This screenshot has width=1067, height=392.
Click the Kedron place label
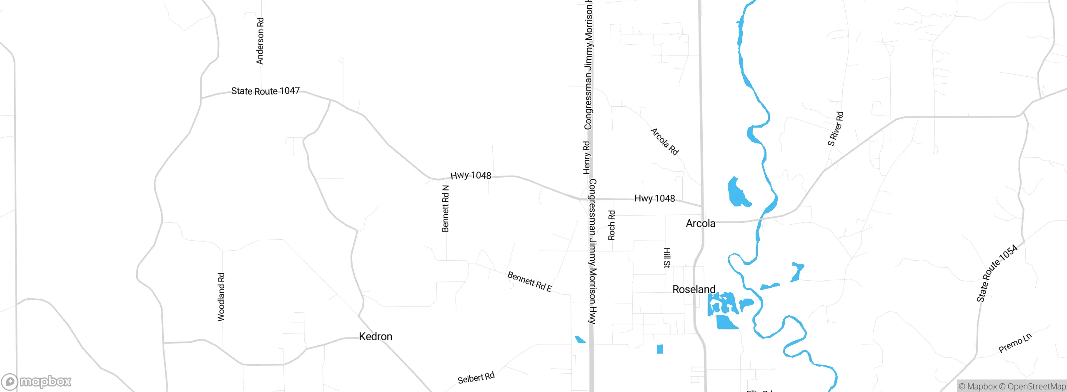(x=375, y=337)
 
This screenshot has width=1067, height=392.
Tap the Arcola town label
(x=700, y=224)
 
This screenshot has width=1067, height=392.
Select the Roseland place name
(x=694, y=289)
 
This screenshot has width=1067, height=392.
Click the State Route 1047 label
(x=265, y=91)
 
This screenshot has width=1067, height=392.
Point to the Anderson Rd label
(x=260, y=41)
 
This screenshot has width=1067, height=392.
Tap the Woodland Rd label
(x=221, y=297)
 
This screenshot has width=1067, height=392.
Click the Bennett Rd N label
(x=445, y=209)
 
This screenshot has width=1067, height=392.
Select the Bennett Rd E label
(x=529, y=282)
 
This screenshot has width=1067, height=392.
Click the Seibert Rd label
(x=476, y=378)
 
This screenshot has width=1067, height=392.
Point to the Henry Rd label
(x=586, y=158)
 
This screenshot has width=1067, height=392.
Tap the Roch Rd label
(x=611, y=225)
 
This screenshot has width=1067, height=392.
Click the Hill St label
(x=667, y=258)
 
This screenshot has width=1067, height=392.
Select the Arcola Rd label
(x=664, y=142)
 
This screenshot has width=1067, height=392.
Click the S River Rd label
(x=835, y=129)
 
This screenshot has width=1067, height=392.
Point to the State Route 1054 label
(x=997, y=274)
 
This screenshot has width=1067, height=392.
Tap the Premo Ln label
(x=1015, y=343)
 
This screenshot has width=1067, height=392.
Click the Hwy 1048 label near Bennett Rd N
(x=471, y=176)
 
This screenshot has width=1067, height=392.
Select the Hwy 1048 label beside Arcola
(x=654, y=199)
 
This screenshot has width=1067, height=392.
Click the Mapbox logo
(x=37, y=382)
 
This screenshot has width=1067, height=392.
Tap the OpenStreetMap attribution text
(x=1036, y=387)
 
